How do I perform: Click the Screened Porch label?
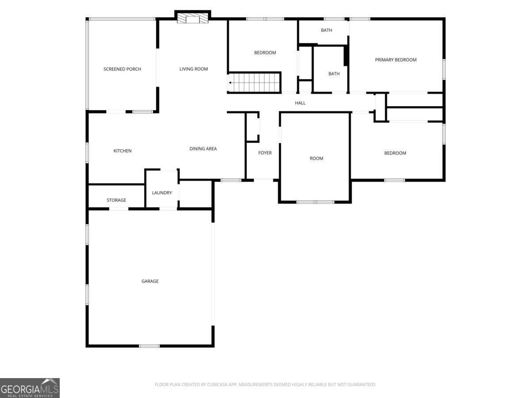122,69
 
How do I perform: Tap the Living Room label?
193,69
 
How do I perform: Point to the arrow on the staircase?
231,82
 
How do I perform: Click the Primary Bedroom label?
396,60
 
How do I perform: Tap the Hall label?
300,103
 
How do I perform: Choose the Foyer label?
265,153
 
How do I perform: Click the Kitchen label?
123,151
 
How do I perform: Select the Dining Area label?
203,149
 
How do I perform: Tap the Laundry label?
162,193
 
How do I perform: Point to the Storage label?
116,200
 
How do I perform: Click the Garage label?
150,281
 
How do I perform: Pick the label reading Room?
316,158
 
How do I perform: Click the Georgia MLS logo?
30,388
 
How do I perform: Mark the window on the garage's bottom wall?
149,345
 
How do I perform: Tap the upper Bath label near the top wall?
327,31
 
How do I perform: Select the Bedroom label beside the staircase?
265,53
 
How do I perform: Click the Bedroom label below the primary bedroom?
395,153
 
